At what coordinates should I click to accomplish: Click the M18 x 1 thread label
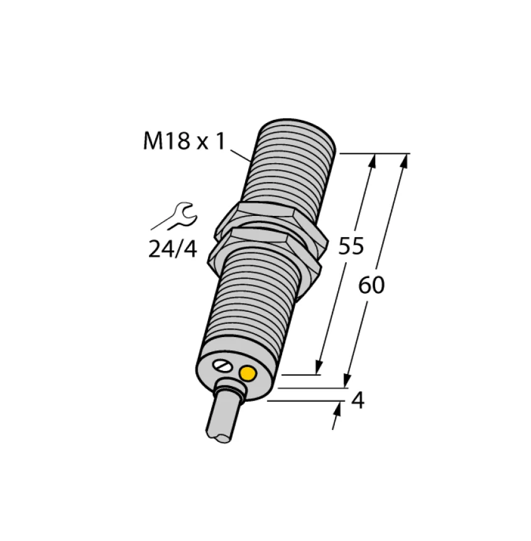point(183,141)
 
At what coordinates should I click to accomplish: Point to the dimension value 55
point(351,246)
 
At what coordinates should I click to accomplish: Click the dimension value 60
point(371,286)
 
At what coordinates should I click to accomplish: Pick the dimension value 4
point(358,400)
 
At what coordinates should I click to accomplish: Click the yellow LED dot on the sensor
point(249,375)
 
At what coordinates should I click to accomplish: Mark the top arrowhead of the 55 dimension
point(373,161)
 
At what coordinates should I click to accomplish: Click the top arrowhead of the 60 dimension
point(405,161)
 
